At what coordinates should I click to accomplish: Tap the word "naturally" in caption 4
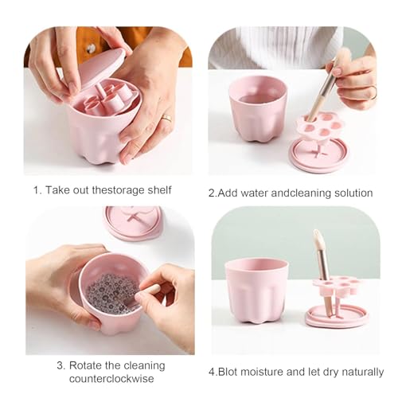(359, 372)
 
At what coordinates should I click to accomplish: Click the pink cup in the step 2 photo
(257, 107)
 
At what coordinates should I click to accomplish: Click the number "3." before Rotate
(60, 365)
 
